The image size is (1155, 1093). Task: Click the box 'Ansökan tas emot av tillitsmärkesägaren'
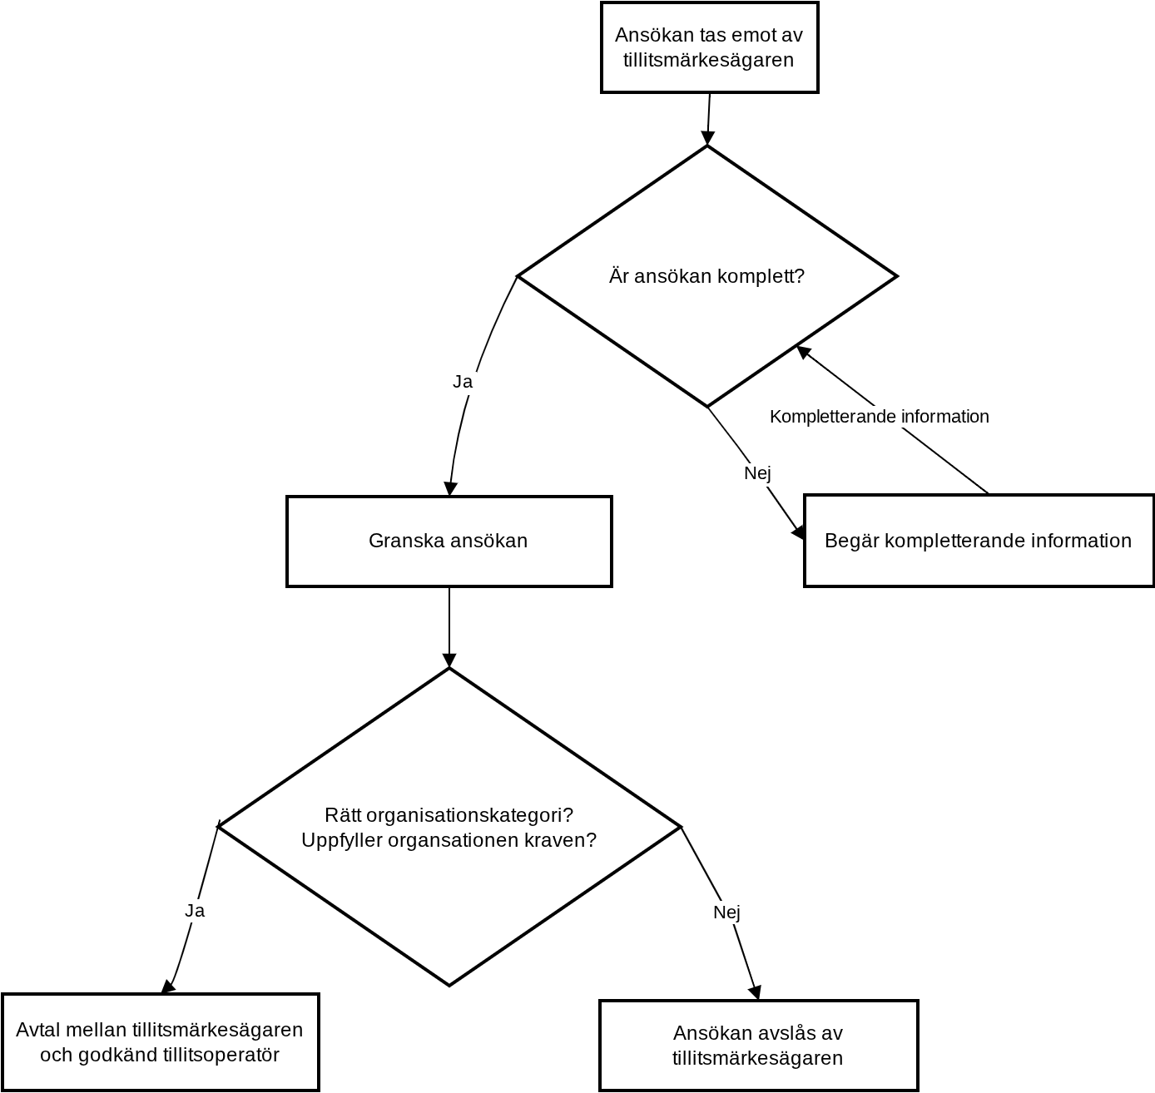click(709, 47)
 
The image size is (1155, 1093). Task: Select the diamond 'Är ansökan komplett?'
click(707, 276)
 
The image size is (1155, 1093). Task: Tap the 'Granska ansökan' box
click(449, 541)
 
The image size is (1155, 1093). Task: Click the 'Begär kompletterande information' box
click(979, 541)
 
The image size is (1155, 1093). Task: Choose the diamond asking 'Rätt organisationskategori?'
click(449, 827)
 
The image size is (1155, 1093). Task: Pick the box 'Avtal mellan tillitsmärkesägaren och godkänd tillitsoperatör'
click(160, 1042)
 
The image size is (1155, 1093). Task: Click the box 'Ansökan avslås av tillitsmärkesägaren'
click(758, 1046)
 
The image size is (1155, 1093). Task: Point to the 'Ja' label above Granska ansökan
click(463, 382)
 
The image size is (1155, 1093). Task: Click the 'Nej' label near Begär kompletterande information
click(757, 472)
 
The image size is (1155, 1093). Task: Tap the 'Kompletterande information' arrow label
click(879, 417)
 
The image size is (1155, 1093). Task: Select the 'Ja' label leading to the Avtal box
click(195, 910)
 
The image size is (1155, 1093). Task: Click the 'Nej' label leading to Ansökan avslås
click(726, 912)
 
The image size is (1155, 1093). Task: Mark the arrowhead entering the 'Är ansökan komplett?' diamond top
click(707, 138)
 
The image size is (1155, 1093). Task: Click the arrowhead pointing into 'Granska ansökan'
click(450, 488)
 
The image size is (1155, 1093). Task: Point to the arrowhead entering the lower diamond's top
click(449, 660)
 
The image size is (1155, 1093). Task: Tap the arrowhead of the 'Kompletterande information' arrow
click(802, 352)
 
